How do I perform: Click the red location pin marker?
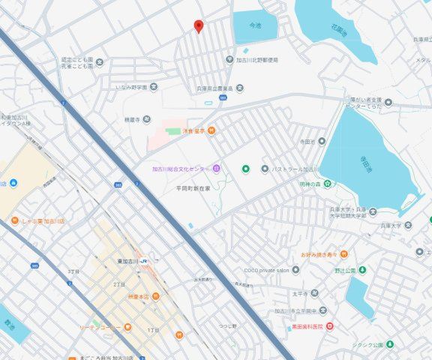click(198, 26)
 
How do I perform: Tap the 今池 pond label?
click(255, 25)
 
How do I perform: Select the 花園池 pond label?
click(338, 31)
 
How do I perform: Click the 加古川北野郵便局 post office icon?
click(230, 59)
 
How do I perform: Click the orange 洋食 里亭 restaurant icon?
click(212, 130)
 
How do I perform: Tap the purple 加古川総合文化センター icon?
click(216, 169)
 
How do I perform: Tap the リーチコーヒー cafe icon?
click(128, 327)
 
